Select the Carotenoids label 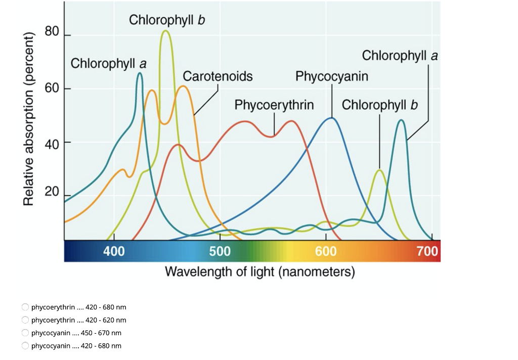(218, 76)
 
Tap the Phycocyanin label (332, 76)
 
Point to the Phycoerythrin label (274, 105)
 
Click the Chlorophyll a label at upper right (400, 55)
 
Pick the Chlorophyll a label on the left (109, 64)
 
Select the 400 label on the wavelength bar (114, 251)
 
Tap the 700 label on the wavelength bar (428, 251)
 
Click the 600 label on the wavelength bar (326, 251)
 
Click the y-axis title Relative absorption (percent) (29, 119)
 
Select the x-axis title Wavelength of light (260, 272)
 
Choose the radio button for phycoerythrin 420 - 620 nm (25, 320)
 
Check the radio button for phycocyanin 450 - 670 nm (25, 333)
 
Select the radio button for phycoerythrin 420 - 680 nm (25, 307)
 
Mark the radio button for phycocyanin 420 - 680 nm (25, 346)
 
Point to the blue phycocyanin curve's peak (331, 118)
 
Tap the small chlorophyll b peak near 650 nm (379, 170)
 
